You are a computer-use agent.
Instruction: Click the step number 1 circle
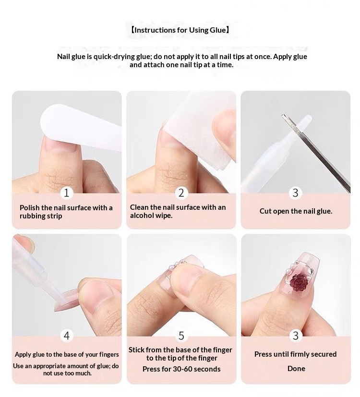coord(67,193)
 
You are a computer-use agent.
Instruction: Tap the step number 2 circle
coord(181,193)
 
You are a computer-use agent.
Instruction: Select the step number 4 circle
coord(67,336)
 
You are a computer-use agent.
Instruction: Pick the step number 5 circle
coord(181,336)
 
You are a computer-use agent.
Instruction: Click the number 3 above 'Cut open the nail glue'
coord(296,193)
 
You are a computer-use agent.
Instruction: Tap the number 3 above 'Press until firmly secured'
coord(296,336)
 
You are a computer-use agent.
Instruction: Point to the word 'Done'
coord(296,368)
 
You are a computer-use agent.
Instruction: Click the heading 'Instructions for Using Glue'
coord(180,30)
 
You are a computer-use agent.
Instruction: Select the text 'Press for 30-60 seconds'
coord(181,369)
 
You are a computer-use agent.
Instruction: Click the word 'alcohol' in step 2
coord(143,216)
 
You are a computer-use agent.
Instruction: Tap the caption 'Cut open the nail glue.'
coord(296,211)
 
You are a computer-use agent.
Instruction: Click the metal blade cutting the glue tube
coord(316,153)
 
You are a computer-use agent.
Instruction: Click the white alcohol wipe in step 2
coord(200,132)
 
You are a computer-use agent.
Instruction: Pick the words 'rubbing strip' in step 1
coord(41,216)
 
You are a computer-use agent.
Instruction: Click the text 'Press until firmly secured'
coord(296,354)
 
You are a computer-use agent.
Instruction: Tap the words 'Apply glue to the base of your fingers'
coord(67,354)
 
